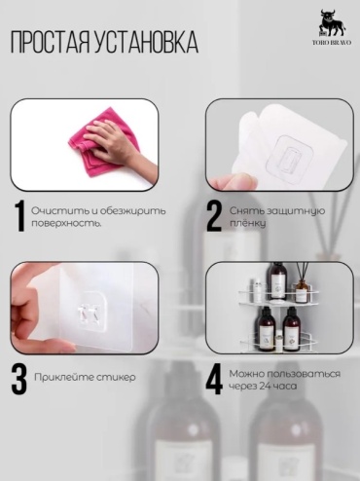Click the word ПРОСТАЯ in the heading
point(50,42)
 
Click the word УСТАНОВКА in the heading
point(146,42)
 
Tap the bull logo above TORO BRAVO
point(332,23)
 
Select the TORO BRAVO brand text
point(332,42)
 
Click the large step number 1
point(20,216)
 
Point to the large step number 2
point(214,216)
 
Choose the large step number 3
point(19,379)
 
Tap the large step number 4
point(214,379)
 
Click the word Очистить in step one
point(59,210)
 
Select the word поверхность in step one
point(65,224)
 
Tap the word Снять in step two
point(246,210)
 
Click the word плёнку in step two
point(248,223)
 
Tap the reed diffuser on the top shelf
point(303,281)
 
